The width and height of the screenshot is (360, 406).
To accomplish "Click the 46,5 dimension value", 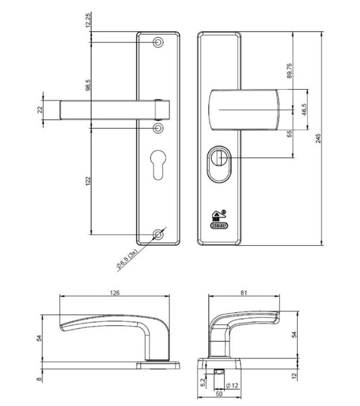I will (x=304, y=110).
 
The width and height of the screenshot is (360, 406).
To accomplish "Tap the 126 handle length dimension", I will (x=115, y=292).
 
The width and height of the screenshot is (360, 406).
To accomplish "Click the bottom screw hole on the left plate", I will (x=159, y=234).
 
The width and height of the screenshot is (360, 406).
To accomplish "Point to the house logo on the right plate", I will (x=218, y=215).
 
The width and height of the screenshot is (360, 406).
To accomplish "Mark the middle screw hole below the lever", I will (x=159, y=127).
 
